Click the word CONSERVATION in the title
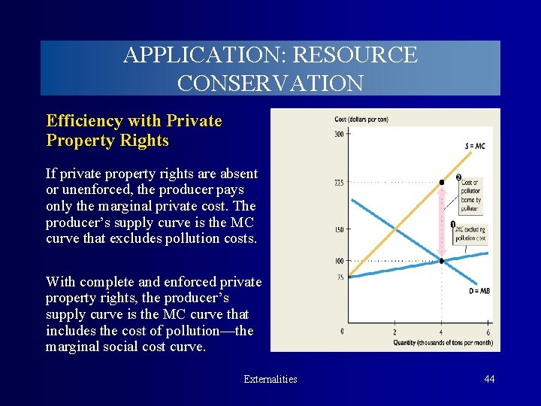click(x=270, y=82)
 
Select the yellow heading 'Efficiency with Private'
click(x=134, y=121)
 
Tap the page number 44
click(x=489, y=379)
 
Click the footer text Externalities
click(x=270, y=379)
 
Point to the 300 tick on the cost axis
click(x=340, y=135)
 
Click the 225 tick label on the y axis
click(x=340, y=182)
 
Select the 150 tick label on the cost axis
click(x=340, y=229)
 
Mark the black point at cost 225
click(x=442, y=182)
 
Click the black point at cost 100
click(x=442, y=261)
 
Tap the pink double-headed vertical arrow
click(x=442, y=222)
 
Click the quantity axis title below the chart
click(x=442, y=343)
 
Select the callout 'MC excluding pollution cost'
click(x=470, y=233)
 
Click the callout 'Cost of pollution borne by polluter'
click(x=471, y=193)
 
